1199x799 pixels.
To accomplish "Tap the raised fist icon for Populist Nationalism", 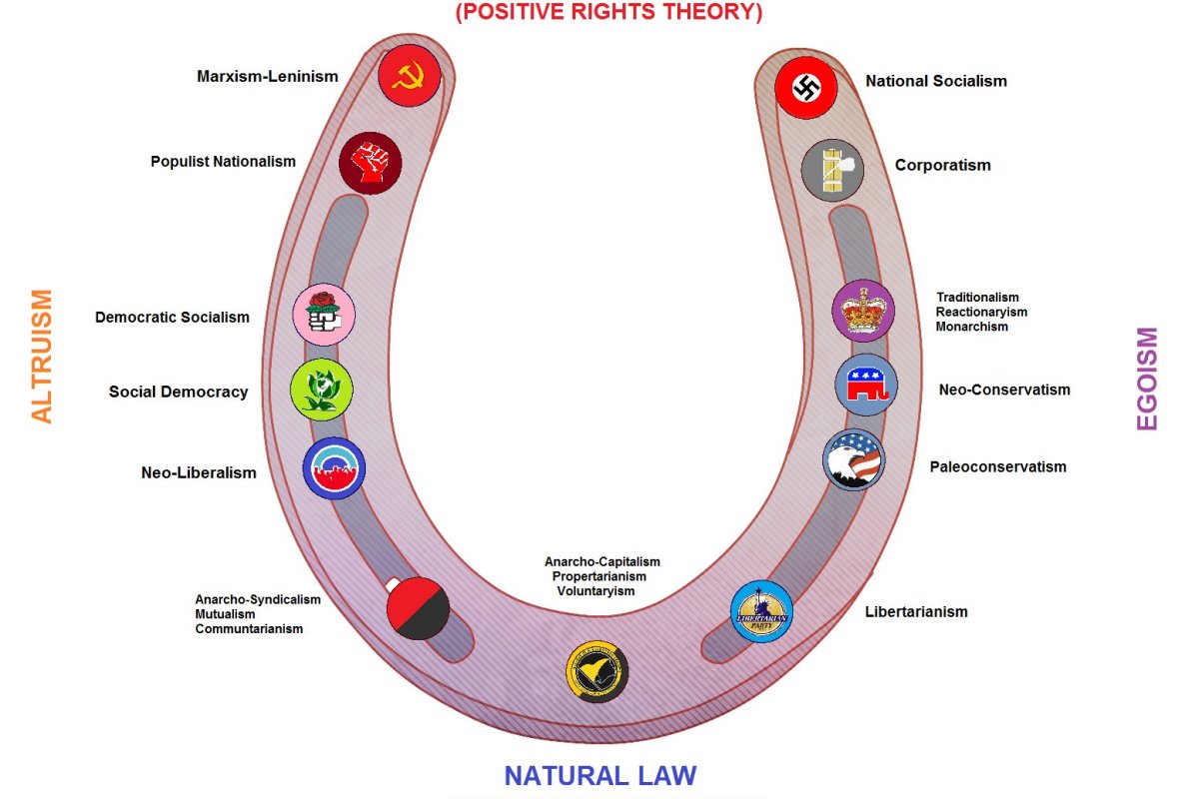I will (370, 162).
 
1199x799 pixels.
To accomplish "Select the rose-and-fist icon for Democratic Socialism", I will (323, 315).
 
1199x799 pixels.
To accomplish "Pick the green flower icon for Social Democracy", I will (321, 390).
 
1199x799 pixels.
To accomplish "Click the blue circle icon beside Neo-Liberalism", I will (334, 468).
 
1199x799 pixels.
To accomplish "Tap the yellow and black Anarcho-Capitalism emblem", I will (597, 670).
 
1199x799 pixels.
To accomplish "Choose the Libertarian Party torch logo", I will (761, 611).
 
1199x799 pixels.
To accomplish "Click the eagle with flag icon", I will (853, 459).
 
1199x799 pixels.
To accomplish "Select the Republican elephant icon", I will (866, 385).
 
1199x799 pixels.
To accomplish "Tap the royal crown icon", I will (863, 311).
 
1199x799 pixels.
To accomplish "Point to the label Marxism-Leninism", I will (268, 76).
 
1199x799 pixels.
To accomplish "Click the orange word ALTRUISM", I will (42, 357).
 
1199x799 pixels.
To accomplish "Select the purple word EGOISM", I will (1147, 379).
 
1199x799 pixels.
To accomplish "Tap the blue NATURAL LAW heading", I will (599, 776).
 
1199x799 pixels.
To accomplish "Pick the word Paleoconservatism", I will (998, 466).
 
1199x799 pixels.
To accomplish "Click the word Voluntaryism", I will (596, 591).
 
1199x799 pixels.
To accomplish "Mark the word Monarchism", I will (972, 327).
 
